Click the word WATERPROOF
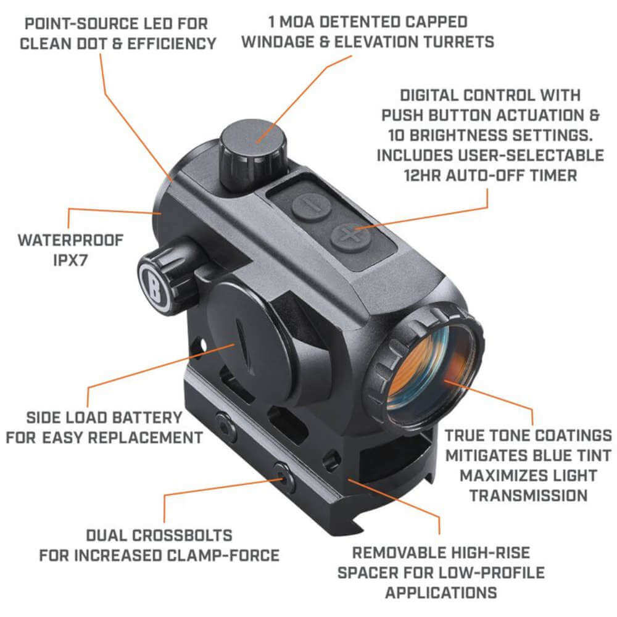tap(71, 240)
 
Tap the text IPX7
tap(70, 260)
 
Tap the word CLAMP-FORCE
tap(223, 556)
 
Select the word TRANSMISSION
tap(529, 495)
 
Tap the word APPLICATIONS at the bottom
tap(441, 592)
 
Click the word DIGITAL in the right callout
tap(429, 95)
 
